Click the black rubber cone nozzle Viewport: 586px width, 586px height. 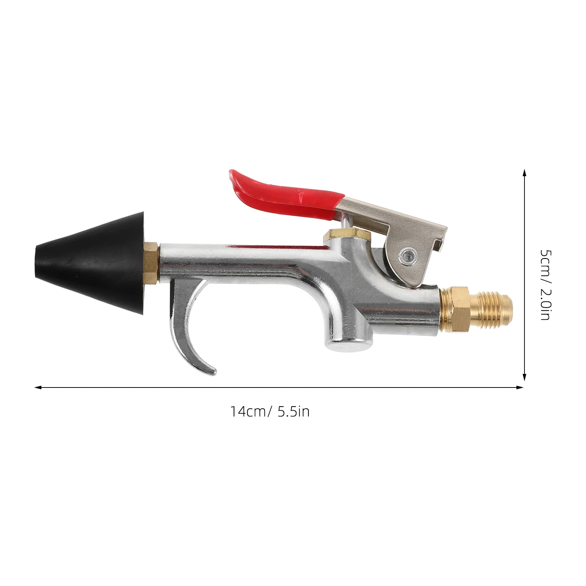92,262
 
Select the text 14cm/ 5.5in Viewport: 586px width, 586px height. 270,412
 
